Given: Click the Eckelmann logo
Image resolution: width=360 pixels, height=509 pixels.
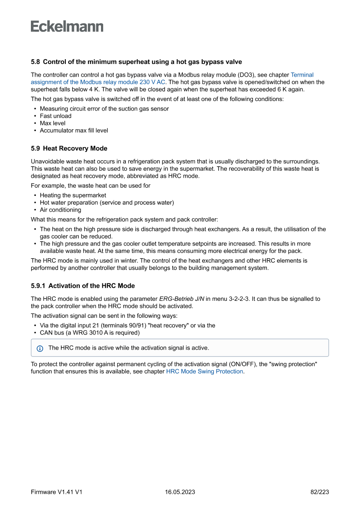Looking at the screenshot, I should [x=67, y=27].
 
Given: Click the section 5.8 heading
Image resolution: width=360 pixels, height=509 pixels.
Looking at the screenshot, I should [x=136, y=62].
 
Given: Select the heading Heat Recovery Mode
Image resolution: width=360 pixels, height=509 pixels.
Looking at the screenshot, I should [x=69, y=148].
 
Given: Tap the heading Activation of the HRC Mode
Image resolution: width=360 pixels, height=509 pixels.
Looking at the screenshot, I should [x=83, y=286].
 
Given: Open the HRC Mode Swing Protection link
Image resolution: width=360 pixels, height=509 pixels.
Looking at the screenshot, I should [x=205, y=371].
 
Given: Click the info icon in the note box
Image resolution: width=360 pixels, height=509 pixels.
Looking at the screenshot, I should [x=40, y=348].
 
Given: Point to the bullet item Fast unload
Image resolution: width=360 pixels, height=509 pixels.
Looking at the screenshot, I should [x=55, y=116].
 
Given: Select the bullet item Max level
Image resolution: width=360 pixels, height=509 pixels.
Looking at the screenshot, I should [x=52, y=123].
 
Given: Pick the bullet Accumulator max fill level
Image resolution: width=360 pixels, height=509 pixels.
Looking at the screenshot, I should [x=74, y=130].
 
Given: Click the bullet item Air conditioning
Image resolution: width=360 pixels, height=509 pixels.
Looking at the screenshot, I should [x=60, y=210].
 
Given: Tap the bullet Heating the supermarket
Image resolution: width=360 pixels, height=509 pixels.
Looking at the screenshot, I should [x=73, y=195].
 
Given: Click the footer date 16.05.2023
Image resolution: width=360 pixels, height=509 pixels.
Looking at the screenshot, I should [x=180, y=492].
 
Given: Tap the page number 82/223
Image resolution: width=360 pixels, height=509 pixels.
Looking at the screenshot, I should [x=320, y=492].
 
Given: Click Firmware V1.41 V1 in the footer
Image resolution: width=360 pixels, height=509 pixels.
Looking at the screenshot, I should [x=57, y=492].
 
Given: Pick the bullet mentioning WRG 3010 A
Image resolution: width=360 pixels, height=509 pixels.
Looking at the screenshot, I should [x=90, y=333].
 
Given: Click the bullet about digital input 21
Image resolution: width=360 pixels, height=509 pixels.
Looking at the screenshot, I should [x=127, y=325].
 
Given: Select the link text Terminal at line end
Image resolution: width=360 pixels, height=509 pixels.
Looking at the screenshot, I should [x=302, y=75].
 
